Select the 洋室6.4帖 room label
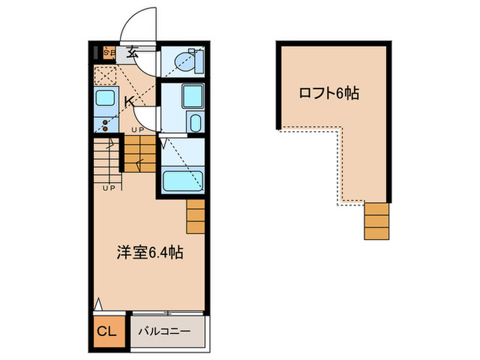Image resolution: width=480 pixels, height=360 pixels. click(148, 252)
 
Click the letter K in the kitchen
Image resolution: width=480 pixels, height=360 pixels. click(128, 102)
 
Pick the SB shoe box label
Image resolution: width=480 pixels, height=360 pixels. click(109, 52)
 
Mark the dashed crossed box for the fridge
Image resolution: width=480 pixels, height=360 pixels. click(106, 75)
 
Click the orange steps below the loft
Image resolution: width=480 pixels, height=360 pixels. click(376, 221)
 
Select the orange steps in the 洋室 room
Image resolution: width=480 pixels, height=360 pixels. click(195, 217)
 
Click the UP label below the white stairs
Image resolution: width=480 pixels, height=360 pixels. click(108, 188)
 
